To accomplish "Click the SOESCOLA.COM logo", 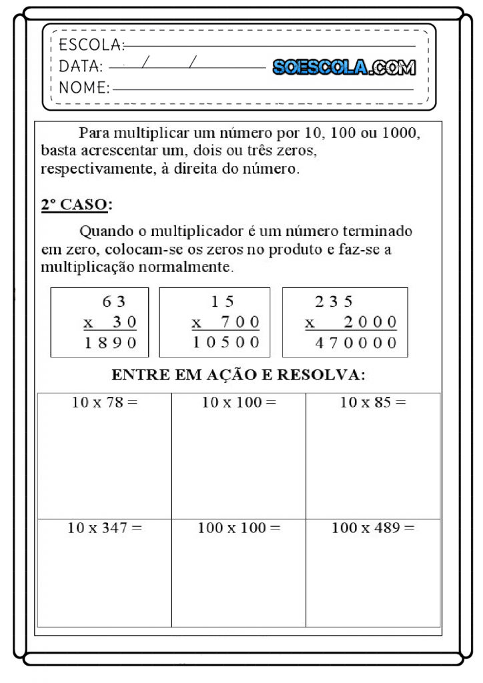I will point(344,67).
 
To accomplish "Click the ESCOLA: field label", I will point(91,45).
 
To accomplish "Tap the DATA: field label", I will point(81,67).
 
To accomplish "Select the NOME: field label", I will point(84,87).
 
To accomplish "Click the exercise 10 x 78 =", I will point(105,402).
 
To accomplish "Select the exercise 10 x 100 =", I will point(239,402).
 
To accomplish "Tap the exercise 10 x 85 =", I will point(373,402).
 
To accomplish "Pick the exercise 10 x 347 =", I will point(105,528).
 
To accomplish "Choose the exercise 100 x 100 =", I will point(239,528).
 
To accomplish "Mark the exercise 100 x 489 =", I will point(373,528).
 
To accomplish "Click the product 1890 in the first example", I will point(110,343).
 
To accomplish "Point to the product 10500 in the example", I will point(226,343).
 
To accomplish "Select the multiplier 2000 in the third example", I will point(370,323).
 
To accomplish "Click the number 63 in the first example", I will point(114,301).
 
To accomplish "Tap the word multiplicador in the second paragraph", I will point(194,231).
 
